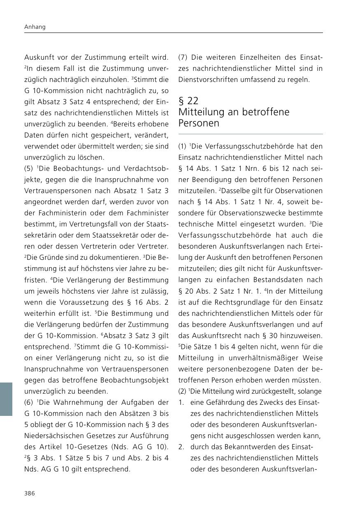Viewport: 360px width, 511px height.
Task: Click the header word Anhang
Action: click(x=35, y=27)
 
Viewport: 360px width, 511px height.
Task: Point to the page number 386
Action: click(x=30, y=493)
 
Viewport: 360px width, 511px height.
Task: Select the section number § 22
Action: click(x=188, y=101)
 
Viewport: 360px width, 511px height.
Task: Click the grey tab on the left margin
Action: click(x=6, y=399)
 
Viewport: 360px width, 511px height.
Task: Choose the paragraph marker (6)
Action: click(x=29, y=402)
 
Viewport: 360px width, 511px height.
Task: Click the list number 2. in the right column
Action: click(x=181, y=447)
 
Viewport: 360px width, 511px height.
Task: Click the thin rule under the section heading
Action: click(x=250, y=134)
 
